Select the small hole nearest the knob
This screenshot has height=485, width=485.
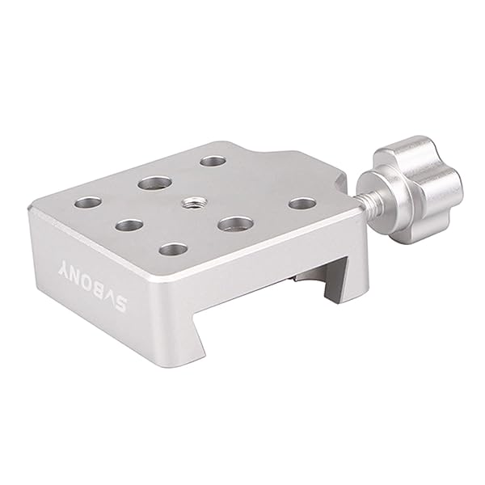coord(302,203)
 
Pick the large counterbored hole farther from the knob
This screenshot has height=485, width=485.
coord(151,183)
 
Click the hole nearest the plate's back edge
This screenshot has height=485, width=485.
coord(213,161)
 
